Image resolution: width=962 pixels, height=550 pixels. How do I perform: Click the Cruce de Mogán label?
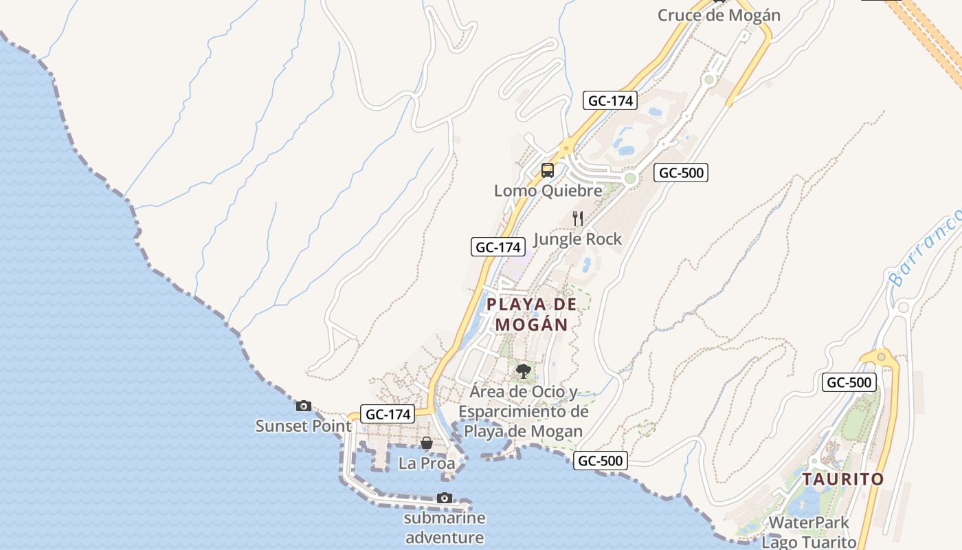[719, 15]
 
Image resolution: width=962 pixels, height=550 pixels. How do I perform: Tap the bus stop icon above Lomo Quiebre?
[548, 170]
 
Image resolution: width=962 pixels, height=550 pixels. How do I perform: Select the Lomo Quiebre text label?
[548, 190]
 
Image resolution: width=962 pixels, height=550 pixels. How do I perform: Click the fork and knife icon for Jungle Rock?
[578, 219]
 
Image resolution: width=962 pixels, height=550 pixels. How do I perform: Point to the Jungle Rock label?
[577, 239]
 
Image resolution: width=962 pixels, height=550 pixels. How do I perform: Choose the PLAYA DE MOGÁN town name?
[532, 314]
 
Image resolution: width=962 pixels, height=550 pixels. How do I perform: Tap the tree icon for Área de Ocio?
[524, 372]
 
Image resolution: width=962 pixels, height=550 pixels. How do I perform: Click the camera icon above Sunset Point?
[304, 406]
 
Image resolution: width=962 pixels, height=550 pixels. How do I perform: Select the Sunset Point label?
[304, 426]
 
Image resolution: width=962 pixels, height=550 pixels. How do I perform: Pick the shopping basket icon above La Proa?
[427, 443]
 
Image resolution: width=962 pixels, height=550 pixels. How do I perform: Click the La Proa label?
[427, 463]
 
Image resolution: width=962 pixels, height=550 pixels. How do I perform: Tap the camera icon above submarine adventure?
[445, 498]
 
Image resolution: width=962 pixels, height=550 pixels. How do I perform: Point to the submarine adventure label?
[445, 527]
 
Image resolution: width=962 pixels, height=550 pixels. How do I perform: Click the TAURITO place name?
[843, 479]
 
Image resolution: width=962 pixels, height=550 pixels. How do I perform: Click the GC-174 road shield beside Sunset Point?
[389, 415]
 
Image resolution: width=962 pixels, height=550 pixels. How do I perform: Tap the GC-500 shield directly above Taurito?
[849, 383]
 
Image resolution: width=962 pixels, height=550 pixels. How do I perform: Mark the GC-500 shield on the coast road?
[601, 461]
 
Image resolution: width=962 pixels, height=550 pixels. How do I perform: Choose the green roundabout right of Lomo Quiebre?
[630, 179]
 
